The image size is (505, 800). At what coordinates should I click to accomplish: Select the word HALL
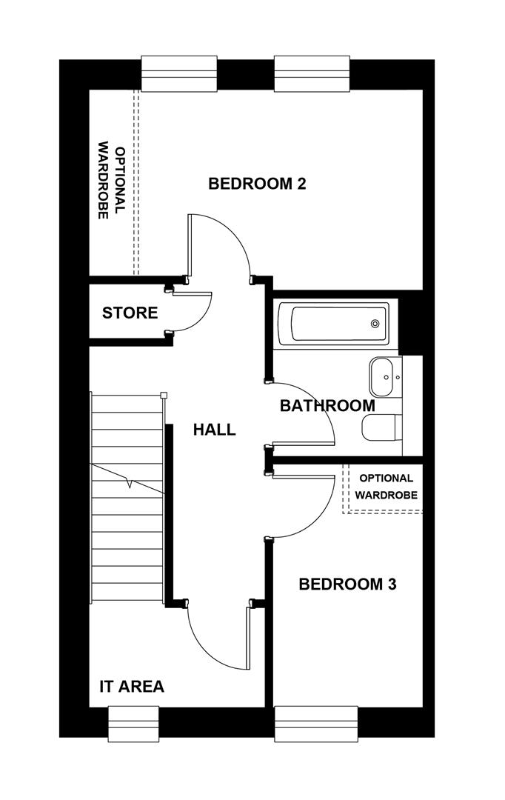pos(214,429)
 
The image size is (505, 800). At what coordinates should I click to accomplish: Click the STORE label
pos(130,313)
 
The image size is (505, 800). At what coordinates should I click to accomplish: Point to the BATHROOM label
pos(327,406)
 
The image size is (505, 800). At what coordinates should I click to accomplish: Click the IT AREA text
pos(132,687)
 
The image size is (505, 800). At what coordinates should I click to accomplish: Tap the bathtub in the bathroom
pos(332,323)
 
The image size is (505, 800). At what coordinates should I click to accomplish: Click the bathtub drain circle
pos(375,324)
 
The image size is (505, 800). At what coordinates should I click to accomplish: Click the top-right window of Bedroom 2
pos(311,73)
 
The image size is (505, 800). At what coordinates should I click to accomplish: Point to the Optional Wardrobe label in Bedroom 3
pos(384,487)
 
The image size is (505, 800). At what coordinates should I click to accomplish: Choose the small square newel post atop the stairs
pos(164,395)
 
